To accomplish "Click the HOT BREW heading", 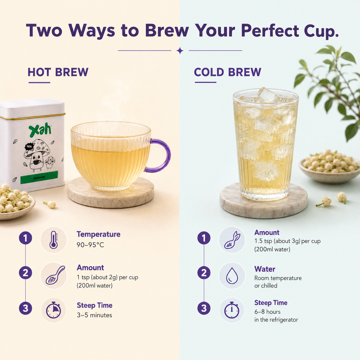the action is click(x=58, y=72).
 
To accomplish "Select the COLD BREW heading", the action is click(x=227, y=72).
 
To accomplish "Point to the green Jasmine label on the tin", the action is click(x=39, y=177).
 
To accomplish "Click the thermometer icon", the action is click(x=54, y=240).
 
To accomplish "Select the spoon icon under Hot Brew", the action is click(x=55, y=275).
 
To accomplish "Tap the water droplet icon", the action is click(x=232, y=276).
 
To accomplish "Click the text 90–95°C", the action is click(x=90, y=245).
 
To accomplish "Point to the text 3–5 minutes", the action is click(x=94, y=315).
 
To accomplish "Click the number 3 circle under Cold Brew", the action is click(x=204, y=308).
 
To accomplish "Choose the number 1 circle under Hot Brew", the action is click(x=25, y=238).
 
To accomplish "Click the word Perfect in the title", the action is click(x=270, y=31).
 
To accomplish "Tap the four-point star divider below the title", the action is click(x=180, y=51).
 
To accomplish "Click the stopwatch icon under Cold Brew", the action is click(x=232, y=310).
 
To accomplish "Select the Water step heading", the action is click(x=265, y=269).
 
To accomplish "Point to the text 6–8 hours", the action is click(x=267, y=312).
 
